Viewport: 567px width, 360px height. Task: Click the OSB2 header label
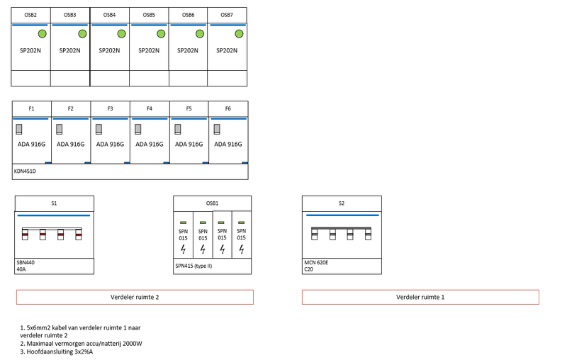30,15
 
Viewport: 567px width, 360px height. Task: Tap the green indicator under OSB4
121,34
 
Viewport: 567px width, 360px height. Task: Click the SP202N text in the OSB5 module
149,50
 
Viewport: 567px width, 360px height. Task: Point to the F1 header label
31,108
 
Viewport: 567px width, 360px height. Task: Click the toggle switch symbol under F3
99,129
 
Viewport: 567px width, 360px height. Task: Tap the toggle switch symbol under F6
216,129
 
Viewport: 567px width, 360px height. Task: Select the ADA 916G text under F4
149,144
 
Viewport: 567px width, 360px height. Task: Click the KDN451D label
25,171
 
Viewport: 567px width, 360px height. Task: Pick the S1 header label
54,203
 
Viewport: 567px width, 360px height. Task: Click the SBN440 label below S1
26,262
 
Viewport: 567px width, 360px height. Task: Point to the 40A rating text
21,269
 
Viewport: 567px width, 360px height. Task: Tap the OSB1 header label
212,203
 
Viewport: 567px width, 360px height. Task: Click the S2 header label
342,203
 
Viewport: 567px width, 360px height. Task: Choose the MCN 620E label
317,262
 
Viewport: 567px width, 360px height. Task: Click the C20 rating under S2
308,269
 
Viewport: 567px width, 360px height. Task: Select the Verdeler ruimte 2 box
134,297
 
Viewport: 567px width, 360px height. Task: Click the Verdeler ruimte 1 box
420,297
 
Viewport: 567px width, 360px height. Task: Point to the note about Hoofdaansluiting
57,351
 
